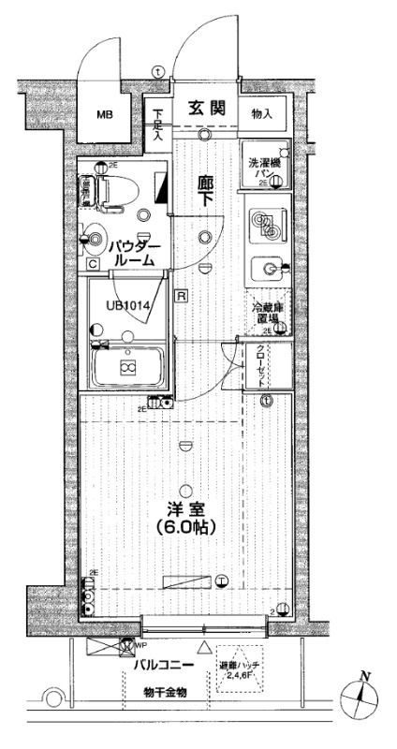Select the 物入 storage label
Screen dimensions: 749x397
click(262, 114)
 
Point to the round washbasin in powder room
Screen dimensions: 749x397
click(93, 238)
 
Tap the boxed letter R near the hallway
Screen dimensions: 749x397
click(182, 296)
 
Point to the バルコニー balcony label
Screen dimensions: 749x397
click(162, 666)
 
